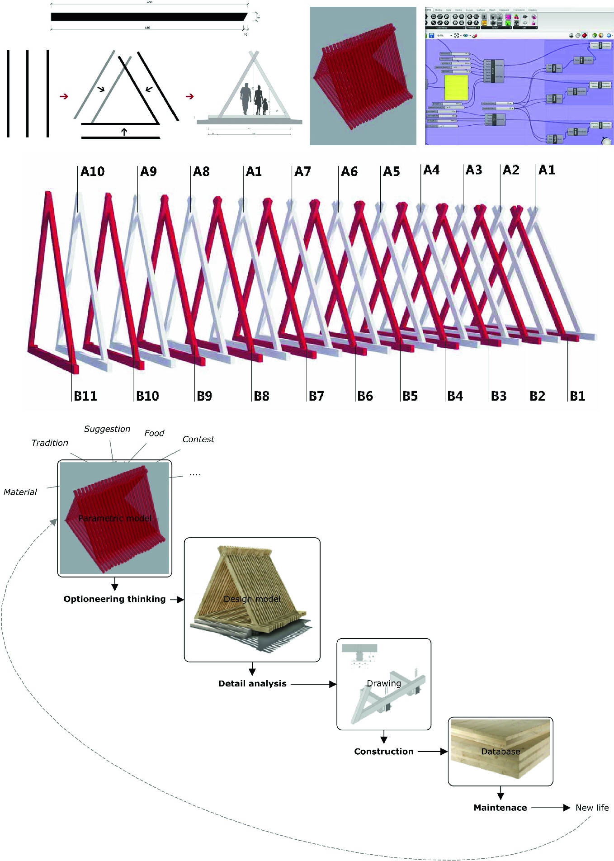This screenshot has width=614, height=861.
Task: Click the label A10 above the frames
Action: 92,172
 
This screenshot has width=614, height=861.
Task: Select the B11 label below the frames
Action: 85,396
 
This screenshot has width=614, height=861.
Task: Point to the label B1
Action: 577,396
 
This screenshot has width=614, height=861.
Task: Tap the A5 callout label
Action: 392,172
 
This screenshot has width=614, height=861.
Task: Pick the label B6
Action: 365,396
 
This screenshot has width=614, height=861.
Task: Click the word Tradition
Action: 50,443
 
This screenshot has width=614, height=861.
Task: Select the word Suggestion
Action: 107,429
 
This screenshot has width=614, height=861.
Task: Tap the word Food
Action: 154,433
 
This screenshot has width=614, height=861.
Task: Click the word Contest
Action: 198,440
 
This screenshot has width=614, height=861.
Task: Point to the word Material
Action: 20,492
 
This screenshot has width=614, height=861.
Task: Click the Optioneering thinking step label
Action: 114,599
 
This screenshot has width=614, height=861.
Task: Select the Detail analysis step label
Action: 252,684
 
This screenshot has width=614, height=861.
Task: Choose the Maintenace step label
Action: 500,808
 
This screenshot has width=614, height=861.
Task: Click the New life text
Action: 592,808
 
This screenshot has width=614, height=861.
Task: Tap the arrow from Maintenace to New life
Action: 551,808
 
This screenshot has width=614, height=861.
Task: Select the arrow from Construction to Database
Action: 432,752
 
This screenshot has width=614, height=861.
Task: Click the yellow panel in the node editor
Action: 456,88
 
